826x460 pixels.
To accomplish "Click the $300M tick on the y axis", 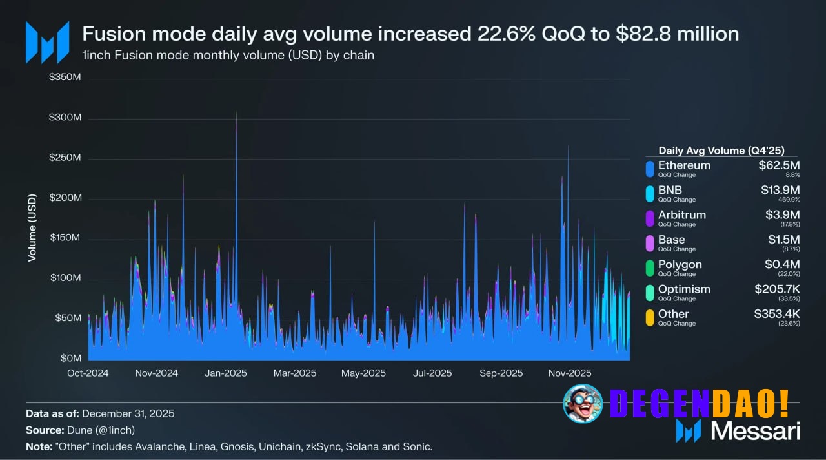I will pos(65,118).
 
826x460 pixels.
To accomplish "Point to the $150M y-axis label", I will pos(65,238).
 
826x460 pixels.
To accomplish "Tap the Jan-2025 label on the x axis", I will pos(225,373).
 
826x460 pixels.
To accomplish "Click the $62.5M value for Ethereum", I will pos(779,165).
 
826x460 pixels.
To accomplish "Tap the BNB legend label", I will pos(670,190).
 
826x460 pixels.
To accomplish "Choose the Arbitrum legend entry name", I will pos(682,214).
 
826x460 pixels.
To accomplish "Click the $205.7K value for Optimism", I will pos(777,289).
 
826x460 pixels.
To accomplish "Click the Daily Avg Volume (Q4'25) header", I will pos(721,151).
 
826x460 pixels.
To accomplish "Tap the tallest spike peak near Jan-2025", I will pos(236,114).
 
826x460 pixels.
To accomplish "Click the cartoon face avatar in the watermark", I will pos(583,403).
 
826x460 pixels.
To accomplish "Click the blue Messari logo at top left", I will pos(47,42).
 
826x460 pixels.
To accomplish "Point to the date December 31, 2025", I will pos(128,413).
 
